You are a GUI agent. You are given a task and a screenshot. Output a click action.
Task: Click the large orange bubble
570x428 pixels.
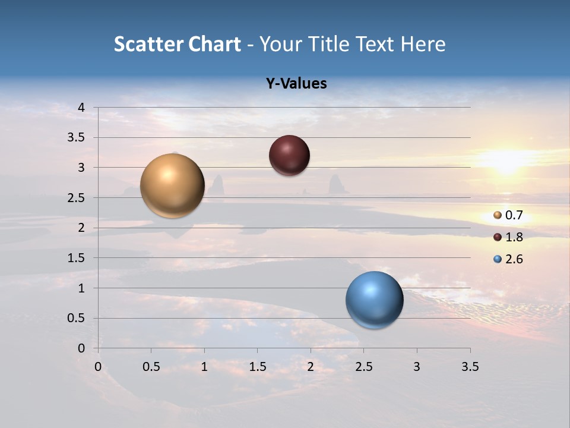(x=172, y=185)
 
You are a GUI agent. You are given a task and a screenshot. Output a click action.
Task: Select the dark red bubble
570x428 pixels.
(x=289, y=156)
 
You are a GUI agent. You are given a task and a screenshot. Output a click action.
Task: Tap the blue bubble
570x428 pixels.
(x=374, y=300)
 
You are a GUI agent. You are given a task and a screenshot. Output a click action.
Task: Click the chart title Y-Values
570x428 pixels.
(x=296, y=84)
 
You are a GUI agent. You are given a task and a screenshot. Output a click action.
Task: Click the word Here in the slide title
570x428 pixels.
(x=423, y=44)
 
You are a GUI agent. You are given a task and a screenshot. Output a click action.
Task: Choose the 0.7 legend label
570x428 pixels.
(x=514, y=215)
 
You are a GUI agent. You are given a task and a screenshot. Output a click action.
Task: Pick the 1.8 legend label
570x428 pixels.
(x=514, y=237)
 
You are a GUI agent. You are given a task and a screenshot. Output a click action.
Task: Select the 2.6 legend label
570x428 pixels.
(x=514, y=259)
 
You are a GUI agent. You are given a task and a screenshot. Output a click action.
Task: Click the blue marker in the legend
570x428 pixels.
(x=498, y=259)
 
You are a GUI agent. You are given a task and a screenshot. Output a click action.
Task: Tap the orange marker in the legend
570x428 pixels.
(x=498, y=215)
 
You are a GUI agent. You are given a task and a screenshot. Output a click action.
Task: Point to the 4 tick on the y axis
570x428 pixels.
(x=81, y=108)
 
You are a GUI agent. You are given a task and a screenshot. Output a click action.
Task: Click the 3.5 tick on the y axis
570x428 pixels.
(x=77, y=137)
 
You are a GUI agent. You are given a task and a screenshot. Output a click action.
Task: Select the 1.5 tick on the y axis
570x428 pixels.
(x=77, y=258)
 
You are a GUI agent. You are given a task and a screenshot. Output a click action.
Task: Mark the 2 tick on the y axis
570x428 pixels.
(x=81, y=228)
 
